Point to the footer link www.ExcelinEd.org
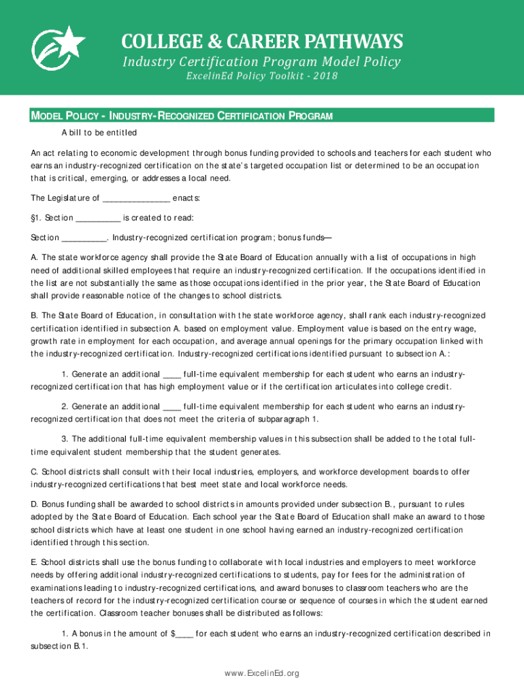(x=262, y=673)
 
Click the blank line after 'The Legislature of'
(x=136, y=199)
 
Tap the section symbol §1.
(x=35, y=218)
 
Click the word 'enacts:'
(x=186, y=198)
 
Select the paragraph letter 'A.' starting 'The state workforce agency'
(x=34, y=257)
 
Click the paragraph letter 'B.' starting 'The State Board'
(x=34, y=316)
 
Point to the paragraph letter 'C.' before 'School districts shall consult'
(x=35, y=472)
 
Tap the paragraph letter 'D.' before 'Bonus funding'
(x=35, y=504)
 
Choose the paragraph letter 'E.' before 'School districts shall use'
(x=34, y=562)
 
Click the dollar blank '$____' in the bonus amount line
(x=182, y=634)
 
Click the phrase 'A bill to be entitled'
(x=99, y=132)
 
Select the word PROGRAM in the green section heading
(x=310, y=116)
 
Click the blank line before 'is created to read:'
(x=98, y=218)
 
